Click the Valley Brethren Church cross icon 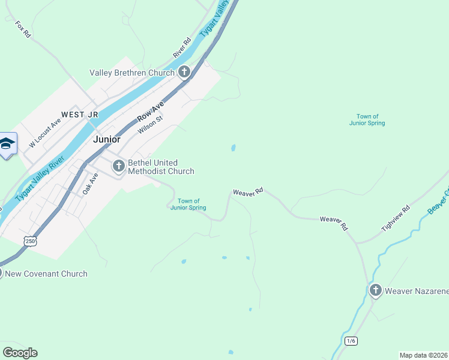point(184,73)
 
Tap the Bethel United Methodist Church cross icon point(118,165)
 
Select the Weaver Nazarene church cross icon point(376,291)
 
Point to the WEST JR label point(79,114)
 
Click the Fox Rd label point(23,29)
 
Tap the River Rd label point(182,48)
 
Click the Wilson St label point(151,125)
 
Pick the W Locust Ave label point(45,133)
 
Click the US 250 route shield point(31,240)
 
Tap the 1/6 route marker point(351,341)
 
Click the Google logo point(20,353)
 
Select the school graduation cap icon point(7,144)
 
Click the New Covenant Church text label point(46,274)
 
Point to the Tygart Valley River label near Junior point(40,178)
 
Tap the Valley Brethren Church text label point(131,73)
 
